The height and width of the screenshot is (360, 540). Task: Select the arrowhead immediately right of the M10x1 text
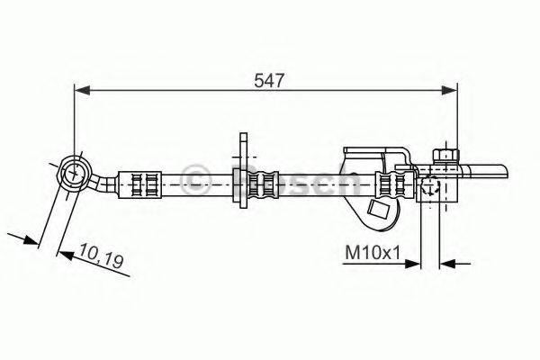[x=414, y=264]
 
